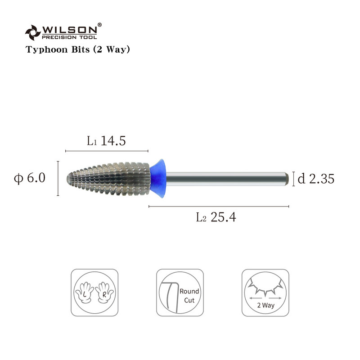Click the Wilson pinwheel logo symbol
tap(33, 32)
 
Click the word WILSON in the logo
tap(70, 30)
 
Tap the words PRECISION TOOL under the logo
tap(69, 37)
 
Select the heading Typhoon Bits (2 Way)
tap(77, 49)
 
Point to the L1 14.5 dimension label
tap(106, 140)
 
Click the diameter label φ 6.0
tap(30, 178)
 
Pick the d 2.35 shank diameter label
tap(316, 179)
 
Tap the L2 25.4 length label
tap(216, 217)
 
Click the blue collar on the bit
tap(158, 178)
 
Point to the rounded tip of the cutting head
tap(68, 178)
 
